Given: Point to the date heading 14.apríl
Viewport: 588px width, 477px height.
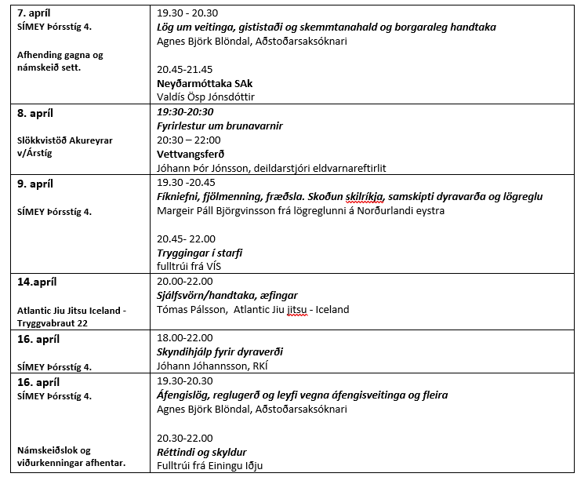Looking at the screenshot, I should coord(37,282).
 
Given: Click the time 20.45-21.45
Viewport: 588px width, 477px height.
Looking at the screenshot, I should coord(185,69).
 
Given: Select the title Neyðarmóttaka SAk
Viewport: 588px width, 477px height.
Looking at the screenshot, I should coord(205,83).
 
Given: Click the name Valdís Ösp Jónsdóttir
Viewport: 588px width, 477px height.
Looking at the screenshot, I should coord(205,97).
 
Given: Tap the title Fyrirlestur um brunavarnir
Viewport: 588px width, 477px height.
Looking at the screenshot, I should coord(220,126).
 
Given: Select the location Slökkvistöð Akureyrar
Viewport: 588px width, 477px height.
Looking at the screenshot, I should coord(68,140).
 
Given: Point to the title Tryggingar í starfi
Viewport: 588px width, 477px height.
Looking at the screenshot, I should coord(199,253).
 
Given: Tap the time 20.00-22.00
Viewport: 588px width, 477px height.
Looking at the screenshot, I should coord(186,282).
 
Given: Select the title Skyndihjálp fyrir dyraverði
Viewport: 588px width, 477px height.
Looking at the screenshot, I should coord(220,352).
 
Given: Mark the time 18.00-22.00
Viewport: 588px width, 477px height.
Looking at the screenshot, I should coord(186,338).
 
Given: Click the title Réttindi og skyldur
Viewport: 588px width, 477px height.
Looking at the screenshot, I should coord(201,451).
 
